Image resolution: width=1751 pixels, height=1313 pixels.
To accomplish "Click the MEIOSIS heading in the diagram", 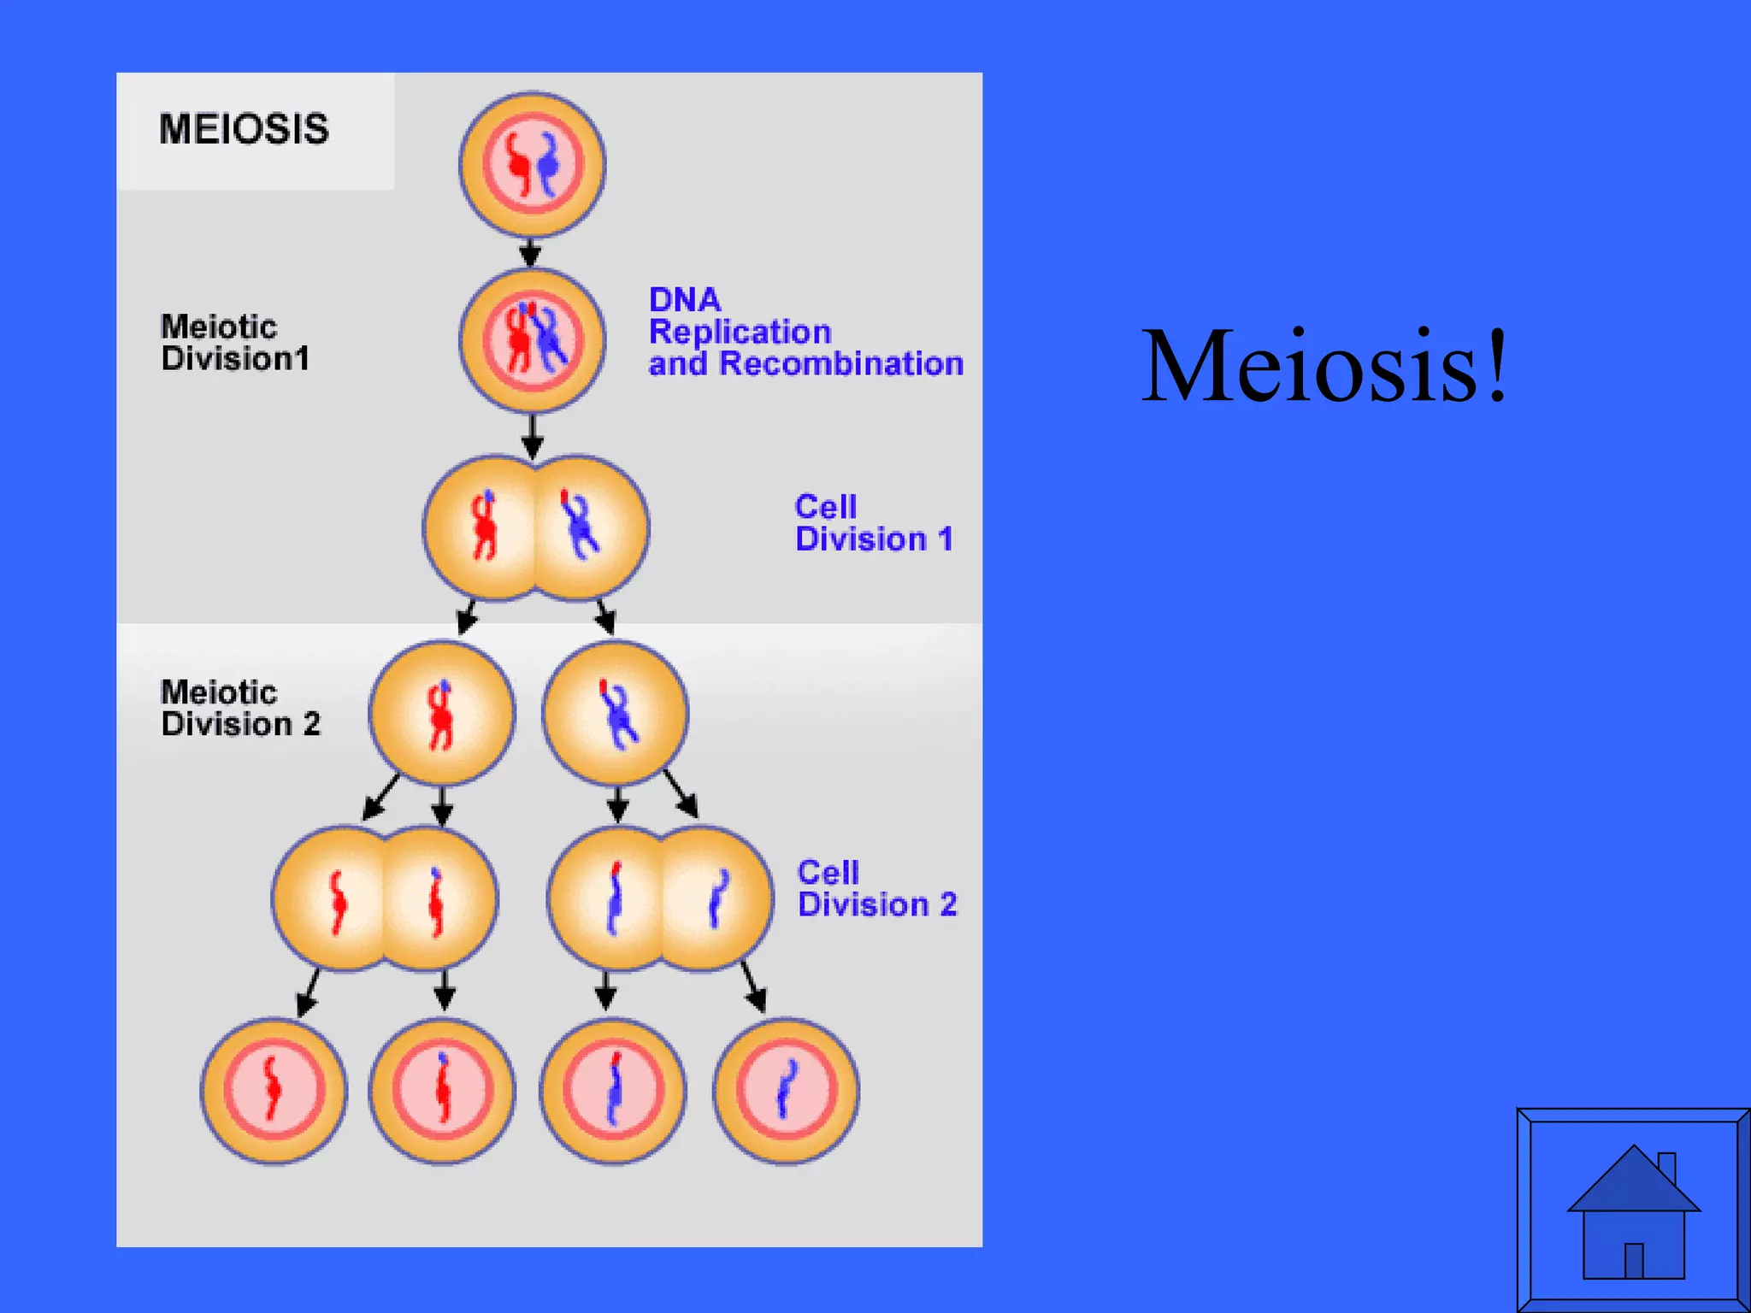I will [244, 129].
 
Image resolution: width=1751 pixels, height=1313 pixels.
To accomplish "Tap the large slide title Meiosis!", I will [1324, 366].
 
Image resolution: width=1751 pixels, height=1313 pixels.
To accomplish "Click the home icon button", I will [1633, 1210].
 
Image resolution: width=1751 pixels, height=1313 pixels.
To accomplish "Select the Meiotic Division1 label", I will [235, 343].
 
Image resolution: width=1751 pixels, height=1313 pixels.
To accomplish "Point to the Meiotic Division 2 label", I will [240, 708].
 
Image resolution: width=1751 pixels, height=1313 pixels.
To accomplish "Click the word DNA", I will [685, 300].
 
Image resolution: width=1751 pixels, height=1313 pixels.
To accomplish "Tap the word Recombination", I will [841, 364].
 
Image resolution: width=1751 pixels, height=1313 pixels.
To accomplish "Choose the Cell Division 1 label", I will [873, 523].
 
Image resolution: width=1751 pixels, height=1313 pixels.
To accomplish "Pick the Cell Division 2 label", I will [876, 889].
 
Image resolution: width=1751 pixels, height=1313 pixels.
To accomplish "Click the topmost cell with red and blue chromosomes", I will [532, 164].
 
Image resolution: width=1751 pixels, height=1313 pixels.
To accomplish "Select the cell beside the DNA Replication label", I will [532, 340].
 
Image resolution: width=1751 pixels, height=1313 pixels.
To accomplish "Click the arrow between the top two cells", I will [531, 253].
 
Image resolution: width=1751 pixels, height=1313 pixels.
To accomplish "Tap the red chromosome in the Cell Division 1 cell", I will [485, 527].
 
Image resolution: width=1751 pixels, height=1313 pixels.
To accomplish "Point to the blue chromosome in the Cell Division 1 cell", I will [581, 525].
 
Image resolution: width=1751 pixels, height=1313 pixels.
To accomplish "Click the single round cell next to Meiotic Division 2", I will [441, 713].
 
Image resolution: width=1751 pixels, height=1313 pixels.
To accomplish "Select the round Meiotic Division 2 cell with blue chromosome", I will [615, 713].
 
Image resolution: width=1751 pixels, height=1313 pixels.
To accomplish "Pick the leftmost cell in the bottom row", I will [274, 1091].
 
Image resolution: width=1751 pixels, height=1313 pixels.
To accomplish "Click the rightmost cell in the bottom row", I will [786, 1091].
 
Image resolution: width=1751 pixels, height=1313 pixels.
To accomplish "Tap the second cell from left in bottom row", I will [442, 1091].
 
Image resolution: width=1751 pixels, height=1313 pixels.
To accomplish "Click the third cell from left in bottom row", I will [612, 1091].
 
